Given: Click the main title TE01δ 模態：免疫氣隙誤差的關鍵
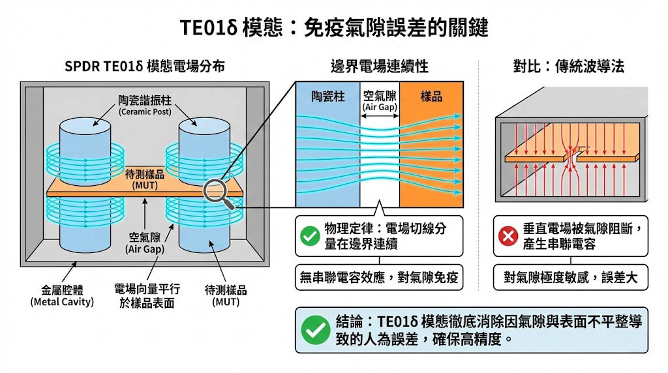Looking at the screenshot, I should [x=333, y=28].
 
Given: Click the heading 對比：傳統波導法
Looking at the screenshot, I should [x=568, y=66].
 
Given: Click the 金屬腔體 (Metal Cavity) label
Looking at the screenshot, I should [x=61, y=295].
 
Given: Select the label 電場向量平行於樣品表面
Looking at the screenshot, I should [x=147, y=295].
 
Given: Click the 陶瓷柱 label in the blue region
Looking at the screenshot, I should [x=328, y=97].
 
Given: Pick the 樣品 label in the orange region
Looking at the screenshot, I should [x=431, y=97].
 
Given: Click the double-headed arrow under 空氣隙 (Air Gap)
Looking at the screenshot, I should [x=379, y=117].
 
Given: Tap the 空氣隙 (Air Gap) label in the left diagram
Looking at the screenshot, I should [x=145, y=243].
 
